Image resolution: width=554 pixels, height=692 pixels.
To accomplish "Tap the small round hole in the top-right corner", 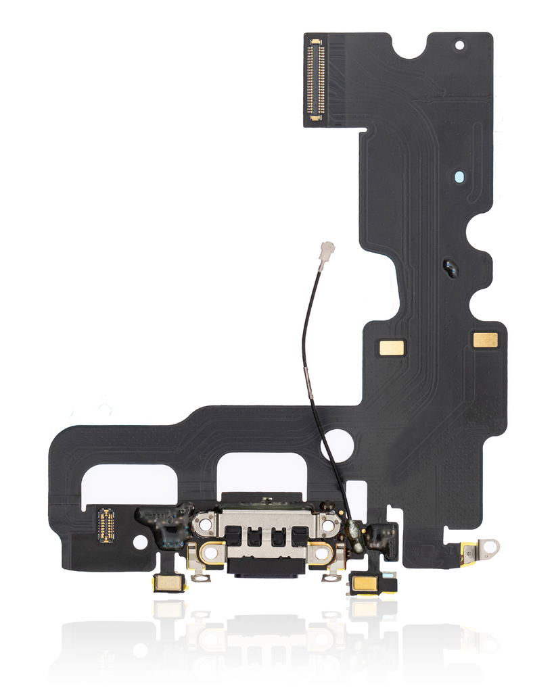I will click(x=460, y=46).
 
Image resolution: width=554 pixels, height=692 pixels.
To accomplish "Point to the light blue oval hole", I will click(x=459, y=178).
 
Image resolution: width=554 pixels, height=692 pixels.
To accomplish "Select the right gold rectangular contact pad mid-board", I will click(x=485, y=340).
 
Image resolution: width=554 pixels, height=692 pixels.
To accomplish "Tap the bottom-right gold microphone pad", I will click(x=365, y=583).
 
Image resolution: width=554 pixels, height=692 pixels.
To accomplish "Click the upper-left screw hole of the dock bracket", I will click(x=204, y=524).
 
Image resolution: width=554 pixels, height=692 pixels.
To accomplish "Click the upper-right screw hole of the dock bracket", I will click(x=327, y=524).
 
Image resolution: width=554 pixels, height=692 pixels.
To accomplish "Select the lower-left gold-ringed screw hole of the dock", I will click(x=210, y=552).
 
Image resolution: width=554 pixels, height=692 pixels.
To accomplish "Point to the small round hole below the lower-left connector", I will click(x=140, y=542).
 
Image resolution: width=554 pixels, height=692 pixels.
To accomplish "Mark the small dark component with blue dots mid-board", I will click(x=451, y=268).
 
